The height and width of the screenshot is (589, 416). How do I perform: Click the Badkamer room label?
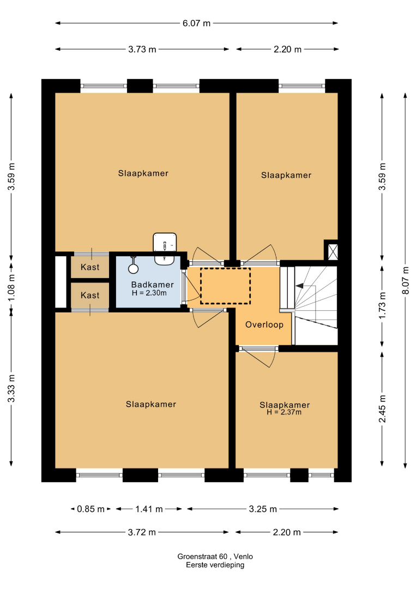(153, 285)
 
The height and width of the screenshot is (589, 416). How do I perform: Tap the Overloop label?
(264, 324)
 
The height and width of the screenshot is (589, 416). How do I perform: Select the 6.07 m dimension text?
(196, 23)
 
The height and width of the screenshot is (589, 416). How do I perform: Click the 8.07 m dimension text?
(406, 280)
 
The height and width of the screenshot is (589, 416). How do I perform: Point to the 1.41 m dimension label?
(149, 509)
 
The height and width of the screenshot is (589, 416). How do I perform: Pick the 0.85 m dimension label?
(91, 509)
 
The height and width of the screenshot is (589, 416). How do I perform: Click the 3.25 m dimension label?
(263, 509)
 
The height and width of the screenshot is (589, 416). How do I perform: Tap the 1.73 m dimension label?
(382, 305)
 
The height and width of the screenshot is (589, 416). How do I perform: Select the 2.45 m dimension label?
(382, 408)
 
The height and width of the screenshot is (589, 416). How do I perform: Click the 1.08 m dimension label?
(11, 287)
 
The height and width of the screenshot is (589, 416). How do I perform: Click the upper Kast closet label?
(90, 267)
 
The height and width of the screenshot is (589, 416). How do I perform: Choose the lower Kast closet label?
(90, 295)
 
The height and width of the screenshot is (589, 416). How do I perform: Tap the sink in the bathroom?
(165, 248)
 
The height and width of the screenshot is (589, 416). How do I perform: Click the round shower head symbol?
(133, 268)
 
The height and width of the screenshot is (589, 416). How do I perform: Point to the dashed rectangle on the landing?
(225, 268)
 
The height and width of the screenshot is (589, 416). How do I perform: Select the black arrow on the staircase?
(300, 286)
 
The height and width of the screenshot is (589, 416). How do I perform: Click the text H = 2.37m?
(284, 412)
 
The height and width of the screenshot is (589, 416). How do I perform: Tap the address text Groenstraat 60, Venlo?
(215, 556)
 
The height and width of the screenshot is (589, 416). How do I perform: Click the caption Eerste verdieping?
(215, 565)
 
